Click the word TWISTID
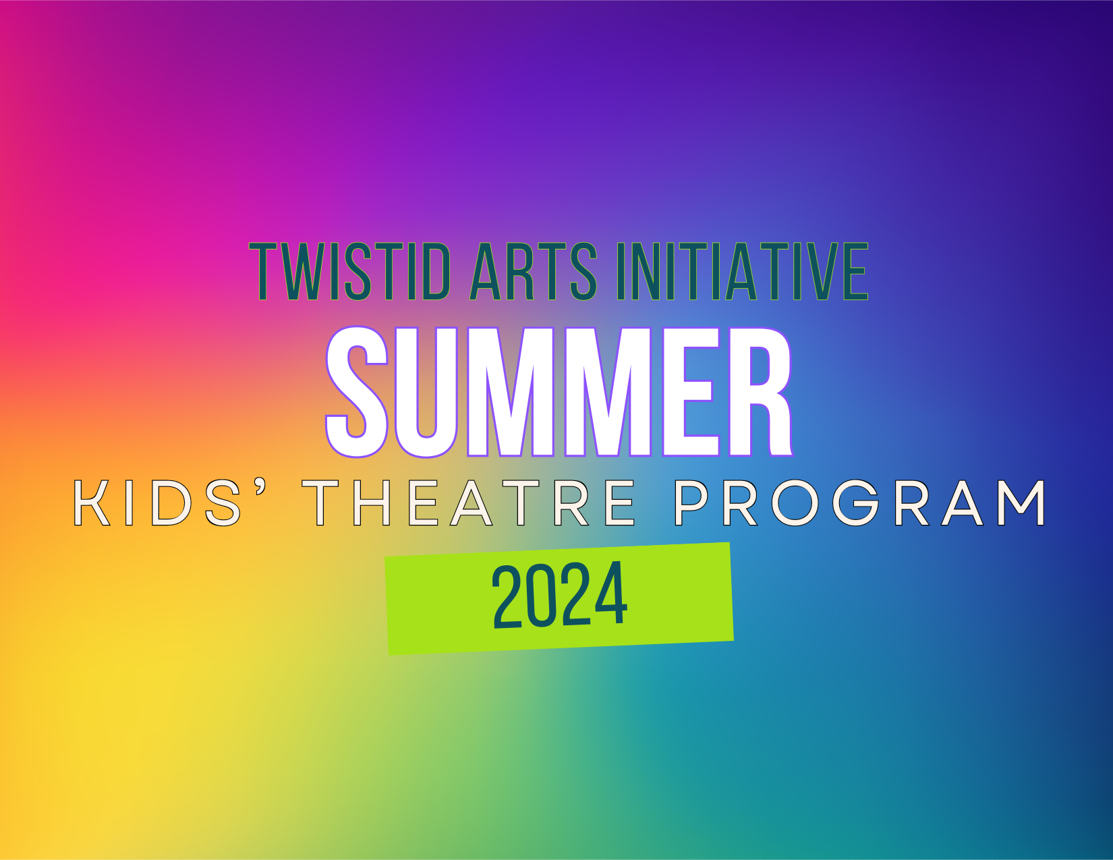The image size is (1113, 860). click(x=349, y=271)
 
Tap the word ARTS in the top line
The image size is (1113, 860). click(x=533, y=271)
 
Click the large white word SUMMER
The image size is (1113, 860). click(x=559, y=392)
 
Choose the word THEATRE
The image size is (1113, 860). click(x=468, y=503)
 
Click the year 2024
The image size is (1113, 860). click(x=559, y=595)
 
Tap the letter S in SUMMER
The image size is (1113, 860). click(x=357, y=392)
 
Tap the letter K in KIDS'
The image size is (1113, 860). click(x=92, y=503)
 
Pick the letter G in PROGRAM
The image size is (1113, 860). click(x=855, y=503)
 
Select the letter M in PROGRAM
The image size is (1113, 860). click(x=1021, y=503)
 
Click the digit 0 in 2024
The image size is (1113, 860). click(x=542, y=595)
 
